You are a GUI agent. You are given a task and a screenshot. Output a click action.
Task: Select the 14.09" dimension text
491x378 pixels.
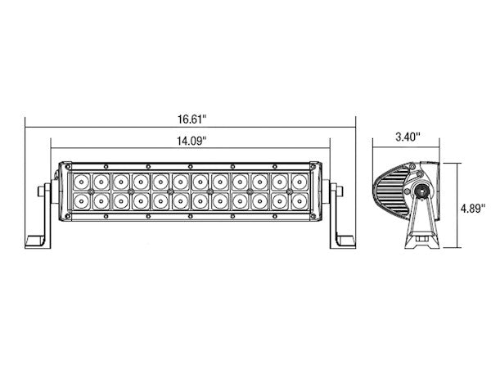click(190, 140)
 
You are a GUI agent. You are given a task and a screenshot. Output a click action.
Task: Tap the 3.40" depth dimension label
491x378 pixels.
click(406, 137)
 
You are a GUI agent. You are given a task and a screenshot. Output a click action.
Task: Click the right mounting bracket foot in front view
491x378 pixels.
click(345, 241)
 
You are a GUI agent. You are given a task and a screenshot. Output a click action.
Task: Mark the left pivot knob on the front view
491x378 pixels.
click(43, 193)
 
